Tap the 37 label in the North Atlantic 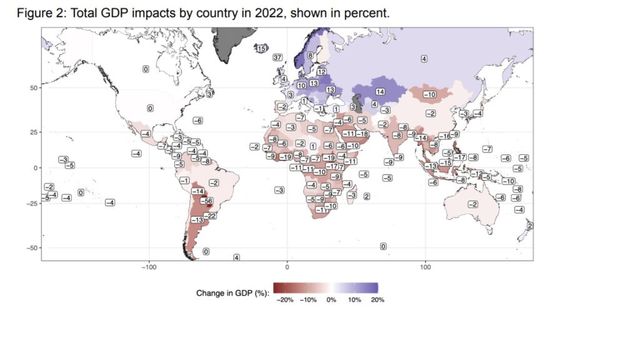pyautogui.click(x=278, y=57)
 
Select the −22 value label pyautogui.click(x=211, y=216)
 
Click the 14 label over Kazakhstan pyautogui.click(x=379, y=92)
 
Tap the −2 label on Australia pyautogui.click(x=473, y=205)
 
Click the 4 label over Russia pyautogui.click(x=424, y=59)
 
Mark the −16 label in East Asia pyautogui.click(x=444, y=136)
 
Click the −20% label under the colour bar pyautogui.click(x=284, y=300)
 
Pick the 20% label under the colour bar pyautogui.click(x=377, y=300)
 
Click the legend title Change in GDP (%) pyautogui.click(x=232, y=292)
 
